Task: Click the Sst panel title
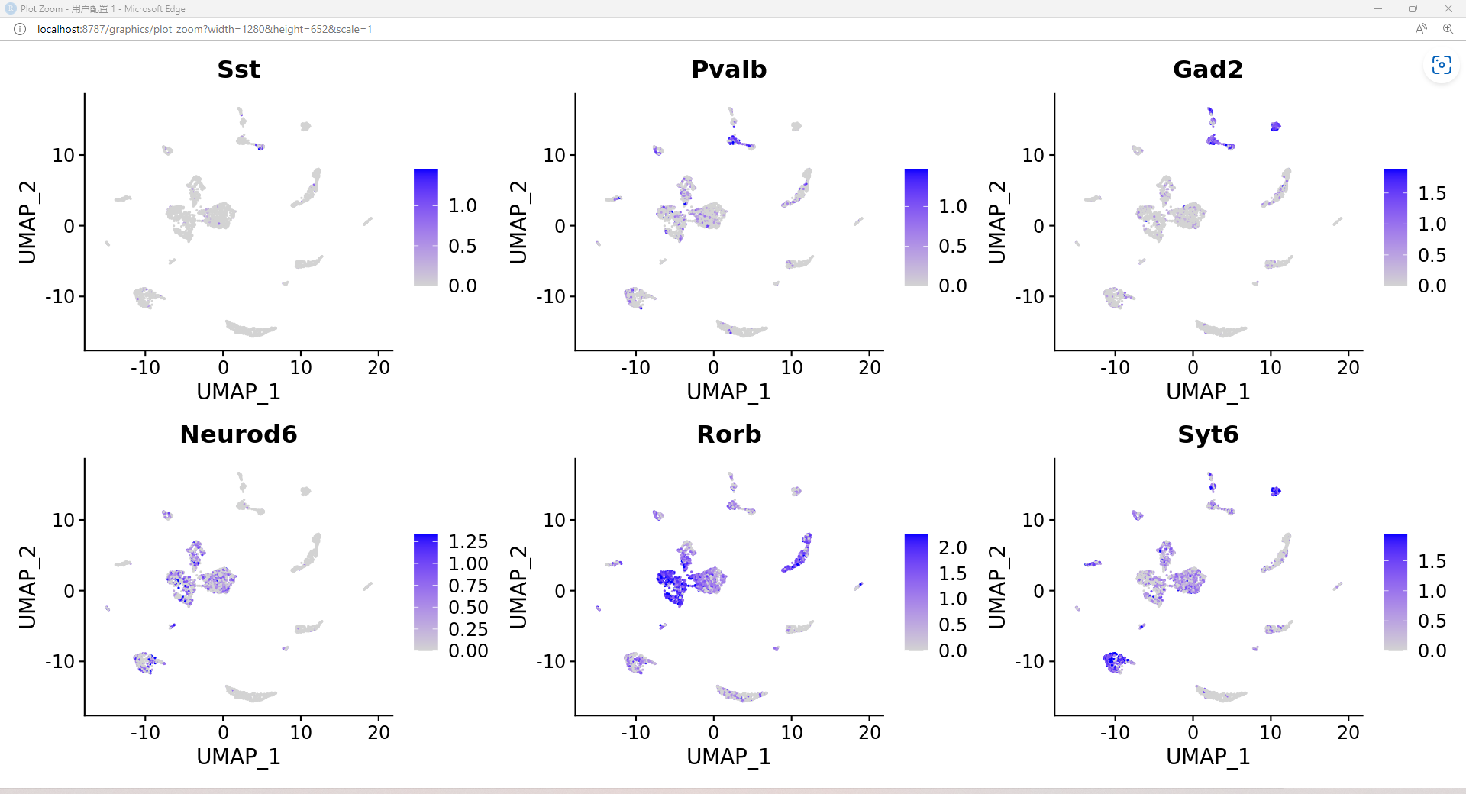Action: [x=238, y=69]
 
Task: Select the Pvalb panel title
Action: [x=728, y=69]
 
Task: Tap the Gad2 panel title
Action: [x=1207, y=69]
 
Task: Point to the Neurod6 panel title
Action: [x=238, y=434]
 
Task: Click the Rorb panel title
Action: [x=728, y=434]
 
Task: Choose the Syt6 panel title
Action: [x=1207, y=434]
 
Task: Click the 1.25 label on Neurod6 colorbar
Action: [x=467, y=542]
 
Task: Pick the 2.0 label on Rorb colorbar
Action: [x=952, y=548]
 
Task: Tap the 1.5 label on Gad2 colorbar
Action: [x=1432, y=194]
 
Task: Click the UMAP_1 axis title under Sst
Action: [x=238, y=392]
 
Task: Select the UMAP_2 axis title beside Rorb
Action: [x=518, y=586]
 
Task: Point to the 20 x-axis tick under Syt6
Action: [x=1348, y=733]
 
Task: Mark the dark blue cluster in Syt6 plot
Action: [x=1116, y=660]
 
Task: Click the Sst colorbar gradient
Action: [x=425, y=228]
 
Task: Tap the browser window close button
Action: [x=1448, y=8]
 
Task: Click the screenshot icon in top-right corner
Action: [x=1441, y=66]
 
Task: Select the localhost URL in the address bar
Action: [x=204, y=29]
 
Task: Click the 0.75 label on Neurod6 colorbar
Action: [x=467, y=586]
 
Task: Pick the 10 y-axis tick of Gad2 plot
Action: [x=1032, y=156]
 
